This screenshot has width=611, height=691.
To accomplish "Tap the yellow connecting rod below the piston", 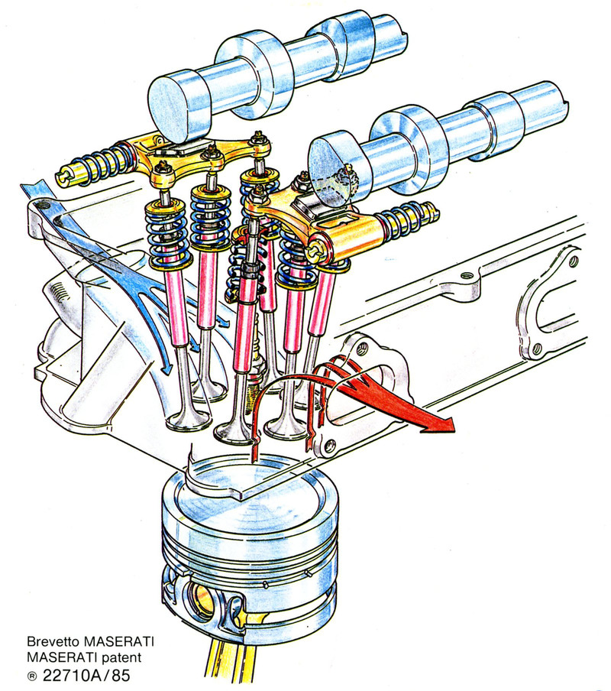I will [x=229, y=665].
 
